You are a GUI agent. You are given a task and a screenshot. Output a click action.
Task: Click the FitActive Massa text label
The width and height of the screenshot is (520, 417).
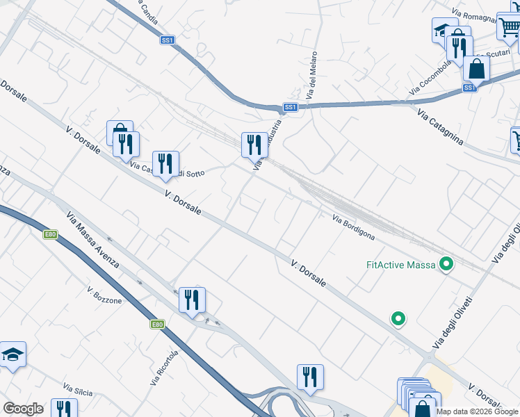pyautogui.click(x=400, y=265)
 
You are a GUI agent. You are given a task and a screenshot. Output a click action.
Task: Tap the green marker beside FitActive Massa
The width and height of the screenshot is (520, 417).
pyautogui.click(x=447, y=264)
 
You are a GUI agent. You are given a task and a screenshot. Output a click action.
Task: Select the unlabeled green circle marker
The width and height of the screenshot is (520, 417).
pyautogui.click(x=398, y=319)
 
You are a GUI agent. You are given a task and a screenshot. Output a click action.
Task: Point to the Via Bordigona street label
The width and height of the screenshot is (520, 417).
pyautogui.click(x=353, y=227)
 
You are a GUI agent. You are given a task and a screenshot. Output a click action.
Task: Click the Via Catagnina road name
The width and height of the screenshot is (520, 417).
pyautogui.click(x=440, y=126)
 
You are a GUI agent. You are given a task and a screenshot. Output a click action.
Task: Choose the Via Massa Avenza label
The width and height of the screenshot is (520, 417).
pyautogui.click(x=92, y=240)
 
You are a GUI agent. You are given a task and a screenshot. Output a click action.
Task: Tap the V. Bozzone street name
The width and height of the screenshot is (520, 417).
pyautogui.click(x=104, y=295)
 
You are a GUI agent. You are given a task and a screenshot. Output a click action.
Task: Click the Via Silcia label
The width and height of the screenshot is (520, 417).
pyautogui.click(x=78, y=390)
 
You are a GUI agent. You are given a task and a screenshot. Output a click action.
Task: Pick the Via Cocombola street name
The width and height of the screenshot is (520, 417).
pyautogui.click(x=431, y=77)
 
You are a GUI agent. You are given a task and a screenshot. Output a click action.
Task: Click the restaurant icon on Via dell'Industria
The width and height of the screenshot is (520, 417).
pyautogui.click(x=254, y=145)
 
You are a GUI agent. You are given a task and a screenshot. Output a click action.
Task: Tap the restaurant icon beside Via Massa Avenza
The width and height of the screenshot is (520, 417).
pyautogui.click(x=192, y=300)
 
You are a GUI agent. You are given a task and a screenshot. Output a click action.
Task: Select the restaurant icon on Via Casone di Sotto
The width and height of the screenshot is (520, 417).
pyautogui.click(x=165, y=163)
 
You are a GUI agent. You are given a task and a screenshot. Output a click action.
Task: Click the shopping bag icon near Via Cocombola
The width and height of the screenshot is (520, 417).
pyautogui.click(x=476, y=68)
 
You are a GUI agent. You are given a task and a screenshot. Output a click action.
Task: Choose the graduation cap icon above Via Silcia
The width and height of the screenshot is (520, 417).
pyautogui.click(x=13, y=354)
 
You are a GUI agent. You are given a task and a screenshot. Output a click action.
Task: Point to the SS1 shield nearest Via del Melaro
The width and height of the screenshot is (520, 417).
pyautogui.click(x=291, y=107)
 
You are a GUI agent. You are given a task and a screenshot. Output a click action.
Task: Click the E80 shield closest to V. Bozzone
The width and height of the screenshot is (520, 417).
pyautogui.click(x=157, y=324)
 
